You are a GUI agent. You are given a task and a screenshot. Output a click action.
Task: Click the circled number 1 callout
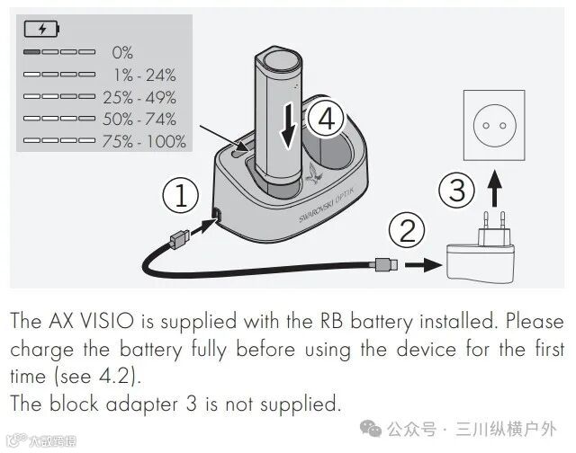click(181, 196)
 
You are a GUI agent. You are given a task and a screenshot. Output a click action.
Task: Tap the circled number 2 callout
click(407, 231)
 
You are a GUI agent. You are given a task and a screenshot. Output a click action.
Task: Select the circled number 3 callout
click(456, 191)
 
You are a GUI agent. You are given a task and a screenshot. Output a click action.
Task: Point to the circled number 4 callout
click(326, 119)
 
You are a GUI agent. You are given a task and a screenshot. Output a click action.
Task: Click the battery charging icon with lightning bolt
click(41, 29)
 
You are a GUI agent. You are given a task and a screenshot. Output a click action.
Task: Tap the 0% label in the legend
click(122, 52)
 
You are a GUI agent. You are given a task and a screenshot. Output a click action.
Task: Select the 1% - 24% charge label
click(145, 75)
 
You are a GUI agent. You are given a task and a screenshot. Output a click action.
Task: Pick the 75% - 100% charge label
click(144, 141)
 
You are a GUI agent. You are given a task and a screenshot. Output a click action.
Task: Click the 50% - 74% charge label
click(139, 120)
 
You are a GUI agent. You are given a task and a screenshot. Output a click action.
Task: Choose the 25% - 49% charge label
click(139, 97)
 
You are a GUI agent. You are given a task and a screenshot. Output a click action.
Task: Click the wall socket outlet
click(494, 126)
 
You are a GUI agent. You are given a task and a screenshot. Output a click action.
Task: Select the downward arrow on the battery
click(288, 126)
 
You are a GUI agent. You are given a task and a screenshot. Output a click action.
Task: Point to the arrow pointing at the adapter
click(423, 264)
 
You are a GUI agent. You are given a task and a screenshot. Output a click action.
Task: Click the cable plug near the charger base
click(180, 239)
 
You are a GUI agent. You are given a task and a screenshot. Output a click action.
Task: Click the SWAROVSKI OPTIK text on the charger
click(327, 205)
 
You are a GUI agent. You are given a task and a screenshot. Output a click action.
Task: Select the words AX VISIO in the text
click(91, 321)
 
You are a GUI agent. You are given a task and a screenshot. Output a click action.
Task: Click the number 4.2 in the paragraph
click(115, 376)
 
